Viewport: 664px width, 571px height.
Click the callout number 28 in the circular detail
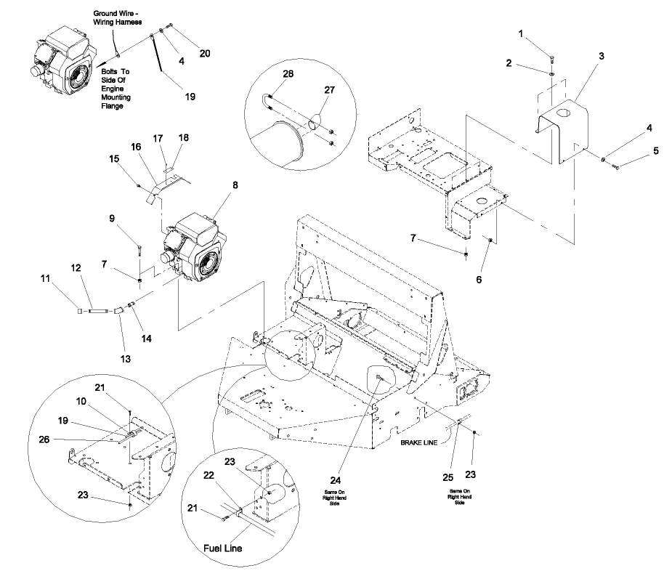(x=267, y=74)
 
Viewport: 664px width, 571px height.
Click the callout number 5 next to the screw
(x=636, y=151)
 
